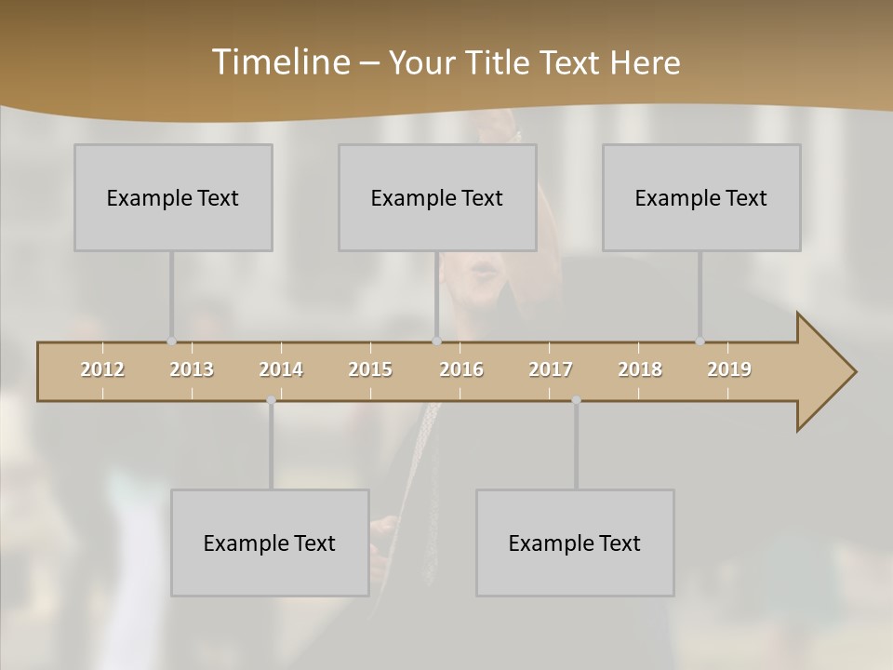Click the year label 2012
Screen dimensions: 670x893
[x=102, y=369]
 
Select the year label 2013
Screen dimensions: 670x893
[x=192, y=369]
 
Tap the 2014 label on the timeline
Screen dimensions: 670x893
[x=281, y=369]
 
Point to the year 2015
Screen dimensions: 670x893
[x=370, y=369]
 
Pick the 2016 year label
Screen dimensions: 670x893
[x=461, y=369]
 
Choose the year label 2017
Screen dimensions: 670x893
[x=551, y=369]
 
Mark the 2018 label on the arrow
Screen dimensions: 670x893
[x=640, y=369]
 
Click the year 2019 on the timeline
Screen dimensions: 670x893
[x=729, y=369]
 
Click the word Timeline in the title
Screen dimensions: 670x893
[x=280, y=62]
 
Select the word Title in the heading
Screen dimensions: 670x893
[x=499, y=63]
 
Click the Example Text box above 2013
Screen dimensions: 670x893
[x=173, y=197]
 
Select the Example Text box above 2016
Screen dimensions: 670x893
[x=437, y=197]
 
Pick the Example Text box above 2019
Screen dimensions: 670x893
[x=701, y=197]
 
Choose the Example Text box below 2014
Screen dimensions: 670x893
[x=270, y=543]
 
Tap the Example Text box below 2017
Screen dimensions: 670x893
[x=575, y=543]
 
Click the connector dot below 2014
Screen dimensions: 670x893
[x=271, y=400]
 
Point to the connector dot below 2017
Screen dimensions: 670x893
[x=576, y=400]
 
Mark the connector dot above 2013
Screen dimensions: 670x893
[x=171, y=342]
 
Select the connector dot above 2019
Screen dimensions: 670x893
[x=700, y=342]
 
